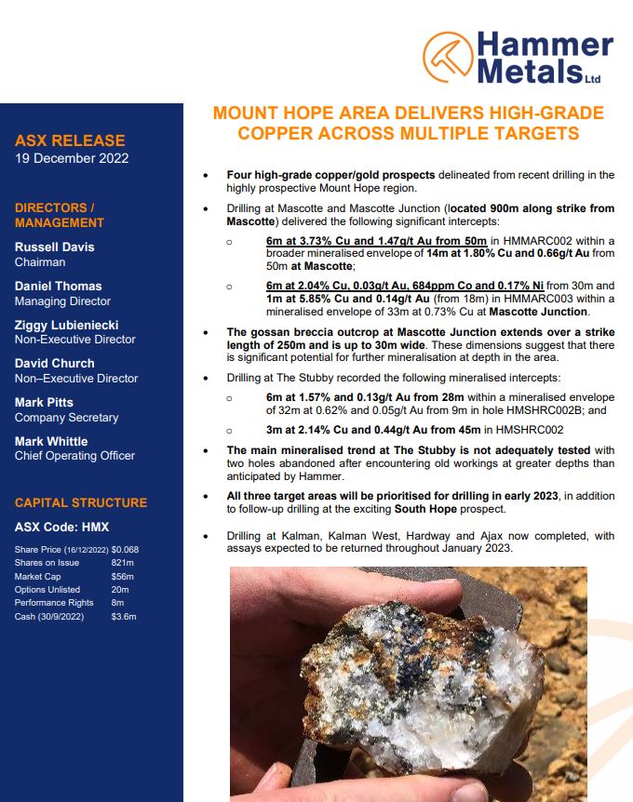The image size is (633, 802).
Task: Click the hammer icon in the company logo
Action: pyautogui.click(x=448, y=56)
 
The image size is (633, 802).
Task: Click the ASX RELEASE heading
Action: pyautogui.click(x=70, y=140)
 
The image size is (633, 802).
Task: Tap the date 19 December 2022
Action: pyautogui.click(x=72, y=158)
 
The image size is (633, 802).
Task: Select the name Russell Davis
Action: pyautogui.click(x=54, y=247)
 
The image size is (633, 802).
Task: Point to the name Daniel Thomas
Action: pyautogui.click(x=58, y=286)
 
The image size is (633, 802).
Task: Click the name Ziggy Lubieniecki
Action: pyautogui.click(x=64, y=325)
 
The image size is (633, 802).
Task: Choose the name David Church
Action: pyautogui.click(x=54, y=363)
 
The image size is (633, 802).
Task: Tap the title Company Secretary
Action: pyautogui.click(x=66, y=418)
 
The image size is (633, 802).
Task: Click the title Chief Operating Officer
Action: pyautogui.click(x=74, y=456)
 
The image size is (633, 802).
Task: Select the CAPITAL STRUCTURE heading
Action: pyautogui.click(x=81, y=502)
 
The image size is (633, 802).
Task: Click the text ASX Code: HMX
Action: pyautogui.click(x=61, y=527)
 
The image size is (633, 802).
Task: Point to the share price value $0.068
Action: pyautogui.click(x=125, y=550)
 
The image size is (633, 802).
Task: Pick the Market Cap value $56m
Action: pyautogui.click(x=121, y=576)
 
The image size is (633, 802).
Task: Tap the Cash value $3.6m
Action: pyautogui.click(x=123, y=616)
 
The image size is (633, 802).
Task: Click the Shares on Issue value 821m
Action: pyautogui.click(x=121, y=563)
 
